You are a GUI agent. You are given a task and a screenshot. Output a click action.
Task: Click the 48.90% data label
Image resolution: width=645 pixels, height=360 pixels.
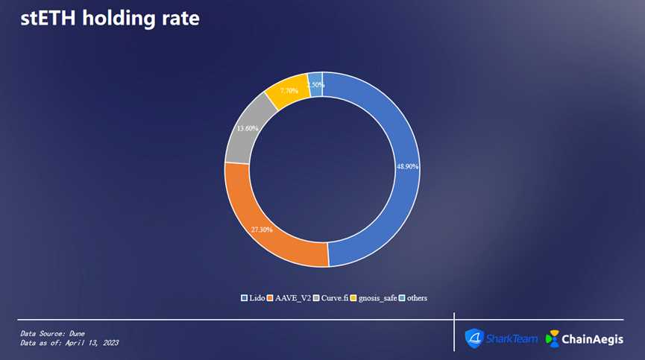pyautogui.click(x=407, y=166)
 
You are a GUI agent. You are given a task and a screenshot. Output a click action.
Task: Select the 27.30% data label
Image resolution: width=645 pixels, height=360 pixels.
pyautogui.click(x=261, y=230)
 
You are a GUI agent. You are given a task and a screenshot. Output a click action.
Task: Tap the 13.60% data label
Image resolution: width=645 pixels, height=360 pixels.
pyautogui.click(x=248, y=128)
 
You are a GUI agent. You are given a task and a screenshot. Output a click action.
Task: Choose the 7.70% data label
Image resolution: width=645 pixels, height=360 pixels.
pyautogui.click(x=289, y=90)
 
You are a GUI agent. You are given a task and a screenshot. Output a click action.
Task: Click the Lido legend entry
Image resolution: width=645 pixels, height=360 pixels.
pyautogui.click(x=253, y=298)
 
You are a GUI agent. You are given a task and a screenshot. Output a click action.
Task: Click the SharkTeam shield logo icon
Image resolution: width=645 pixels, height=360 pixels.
pyautogui.click(x=474, y=338)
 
